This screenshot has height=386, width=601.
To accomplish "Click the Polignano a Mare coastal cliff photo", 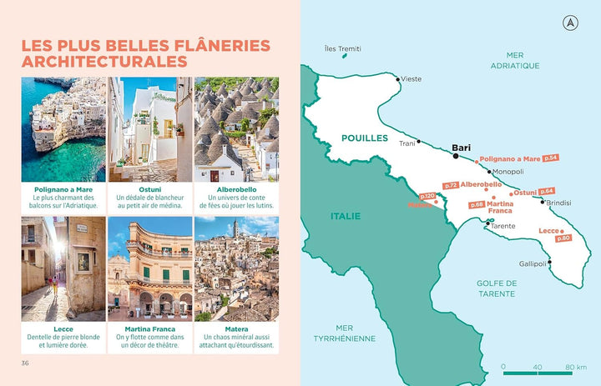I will point(63,129).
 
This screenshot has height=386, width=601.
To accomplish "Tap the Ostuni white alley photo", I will point(150,129).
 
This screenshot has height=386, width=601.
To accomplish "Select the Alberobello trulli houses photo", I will point(236,129).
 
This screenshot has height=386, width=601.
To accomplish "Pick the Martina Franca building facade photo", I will point(150,268).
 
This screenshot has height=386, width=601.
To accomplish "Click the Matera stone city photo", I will point(236,268).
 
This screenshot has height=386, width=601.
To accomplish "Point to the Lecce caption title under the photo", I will point(63,328).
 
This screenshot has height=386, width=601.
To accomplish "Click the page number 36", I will point(26,363).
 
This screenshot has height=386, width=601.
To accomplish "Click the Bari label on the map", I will point(461,148).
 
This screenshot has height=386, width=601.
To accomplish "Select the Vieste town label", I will point(411,79).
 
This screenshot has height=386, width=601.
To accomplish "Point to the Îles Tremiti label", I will point(343,48).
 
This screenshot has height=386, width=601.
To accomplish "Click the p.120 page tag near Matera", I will point(427,197).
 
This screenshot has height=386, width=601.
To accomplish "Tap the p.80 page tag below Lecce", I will point(563,238).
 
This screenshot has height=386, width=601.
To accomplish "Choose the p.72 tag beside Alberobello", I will point(451,185).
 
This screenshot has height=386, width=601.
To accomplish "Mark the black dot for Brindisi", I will point(543,201).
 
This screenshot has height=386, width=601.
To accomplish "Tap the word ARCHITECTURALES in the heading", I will point(104,62).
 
